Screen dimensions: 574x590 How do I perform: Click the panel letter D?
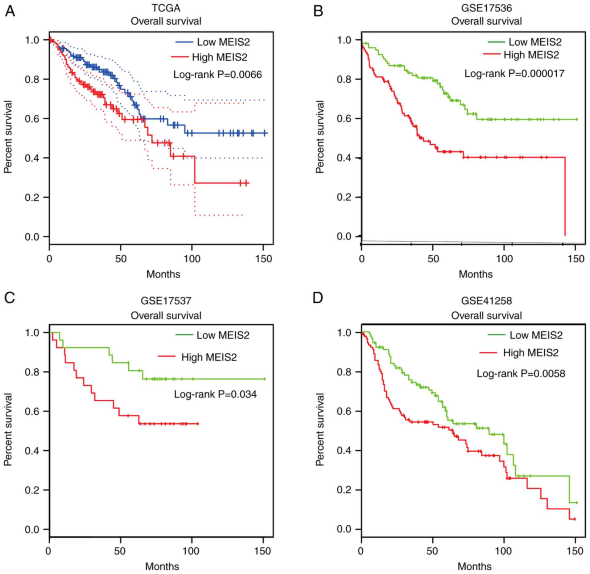(x=318, y=298)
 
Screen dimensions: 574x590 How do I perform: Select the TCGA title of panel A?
(x=166, y=8)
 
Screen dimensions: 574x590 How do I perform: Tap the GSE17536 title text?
(x=486, y=8)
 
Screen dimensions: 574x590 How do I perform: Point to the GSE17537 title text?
(x=166, y=300)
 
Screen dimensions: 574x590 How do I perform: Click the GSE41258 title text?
(x=486, y=300)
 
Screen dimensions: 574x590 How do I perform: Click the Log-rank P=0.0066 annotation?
(x=217, y=74)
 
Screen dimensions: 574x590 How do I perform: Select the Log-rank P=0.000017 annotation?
(x=514, y=73)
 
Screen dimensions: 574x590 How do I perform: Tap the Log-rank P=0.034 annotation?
(x=215, y=394)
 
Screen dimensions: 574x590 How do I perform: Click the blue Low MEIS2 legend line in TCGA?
(x=184, y=42)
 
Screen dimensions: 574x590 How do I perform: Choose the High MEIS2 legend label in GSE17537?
(x=209, y=357)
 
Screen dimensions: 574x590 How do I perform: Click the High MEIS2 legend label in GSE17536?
(x=531, y=55)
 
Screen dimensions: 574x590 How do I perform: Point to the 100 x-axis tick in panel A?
(x=192, y=258)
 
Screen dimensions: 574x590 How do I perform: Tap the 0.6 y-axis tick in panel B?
(x=345, y=119)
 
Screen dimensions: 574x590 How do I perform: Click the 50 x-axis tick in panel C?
(x=120, y=551)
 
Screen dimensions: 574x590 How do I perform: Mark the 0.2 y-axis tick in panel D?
(x=345, y=490)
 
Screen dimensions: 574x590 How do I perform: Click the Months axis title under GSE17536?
(x=476, y=274)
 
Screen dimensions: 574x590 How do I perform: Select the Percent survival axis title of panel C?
(x=9, y=429)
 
